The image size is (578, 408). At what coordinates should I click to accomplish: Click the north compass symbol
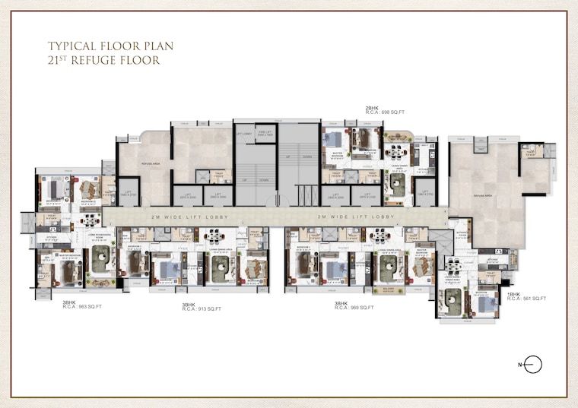(x=533, y=365)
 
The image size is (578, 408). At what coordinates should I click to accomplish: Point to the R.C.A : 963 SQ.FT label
(x=82, y=307)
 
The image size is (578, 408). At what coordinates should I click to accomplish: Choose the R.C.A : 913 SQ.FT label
(x=202, y=309)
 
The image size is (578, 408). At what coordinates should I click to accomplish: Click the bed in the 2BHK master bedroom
(x=332, y=140)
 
